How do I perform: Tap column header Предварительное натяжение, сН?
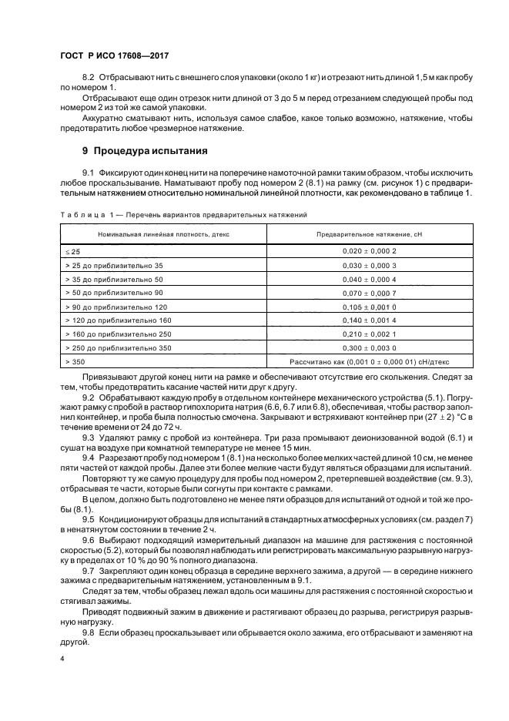coord(370,233)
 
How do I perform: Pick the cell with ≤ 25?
coord(74,251)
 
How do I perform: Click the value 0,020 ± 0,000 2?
coord(370,251)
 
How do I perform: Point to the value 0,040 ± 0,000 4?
coord(370,279)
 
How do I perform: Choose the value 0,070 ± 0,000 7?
coord(370,293)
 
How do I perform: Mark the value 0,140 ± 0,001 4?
coord(370,320)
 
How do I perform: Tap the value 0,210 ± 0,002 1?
coord(370,334)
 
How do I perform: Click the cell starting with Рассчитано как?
coord(370,361)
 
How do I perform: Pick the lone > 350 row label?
coord(76,361)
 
